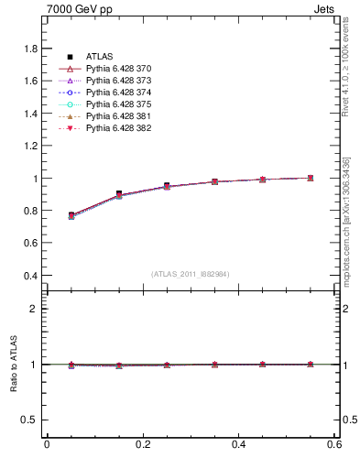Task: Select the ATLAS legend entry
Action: [99, 58]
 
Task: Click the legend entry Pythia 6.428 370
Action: [119, 70]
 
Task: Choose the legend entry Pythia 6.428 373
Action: [119, 82]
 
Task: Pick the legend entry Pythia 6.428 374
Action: [119, 93]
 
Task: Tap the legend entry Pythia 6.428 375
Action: [119, 104]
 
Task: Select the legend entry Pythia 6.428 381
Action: [119, 116]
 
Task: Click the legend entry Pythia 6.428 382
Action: [119, 128]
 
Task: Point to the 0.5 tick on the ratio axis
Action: [30, 420]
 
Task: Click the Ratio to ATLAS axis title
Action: [14, 365]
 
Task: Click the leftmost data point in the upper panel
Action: [71, 215]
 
